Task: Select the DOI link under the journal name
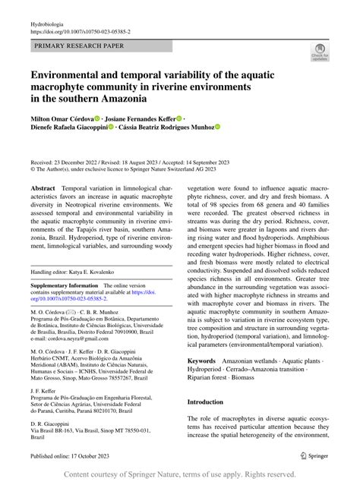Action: click(80, 33)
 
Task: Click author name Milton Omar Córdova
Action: click(61, 118)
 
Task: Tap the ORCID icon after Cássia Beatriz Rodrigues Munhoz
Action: click(217, 128)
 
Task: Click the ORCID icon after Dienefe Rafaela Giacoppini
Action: click(111, 128)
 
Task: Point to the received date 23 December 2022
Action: click(86, 162)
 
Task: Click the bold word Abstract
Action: click(43, 187)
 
